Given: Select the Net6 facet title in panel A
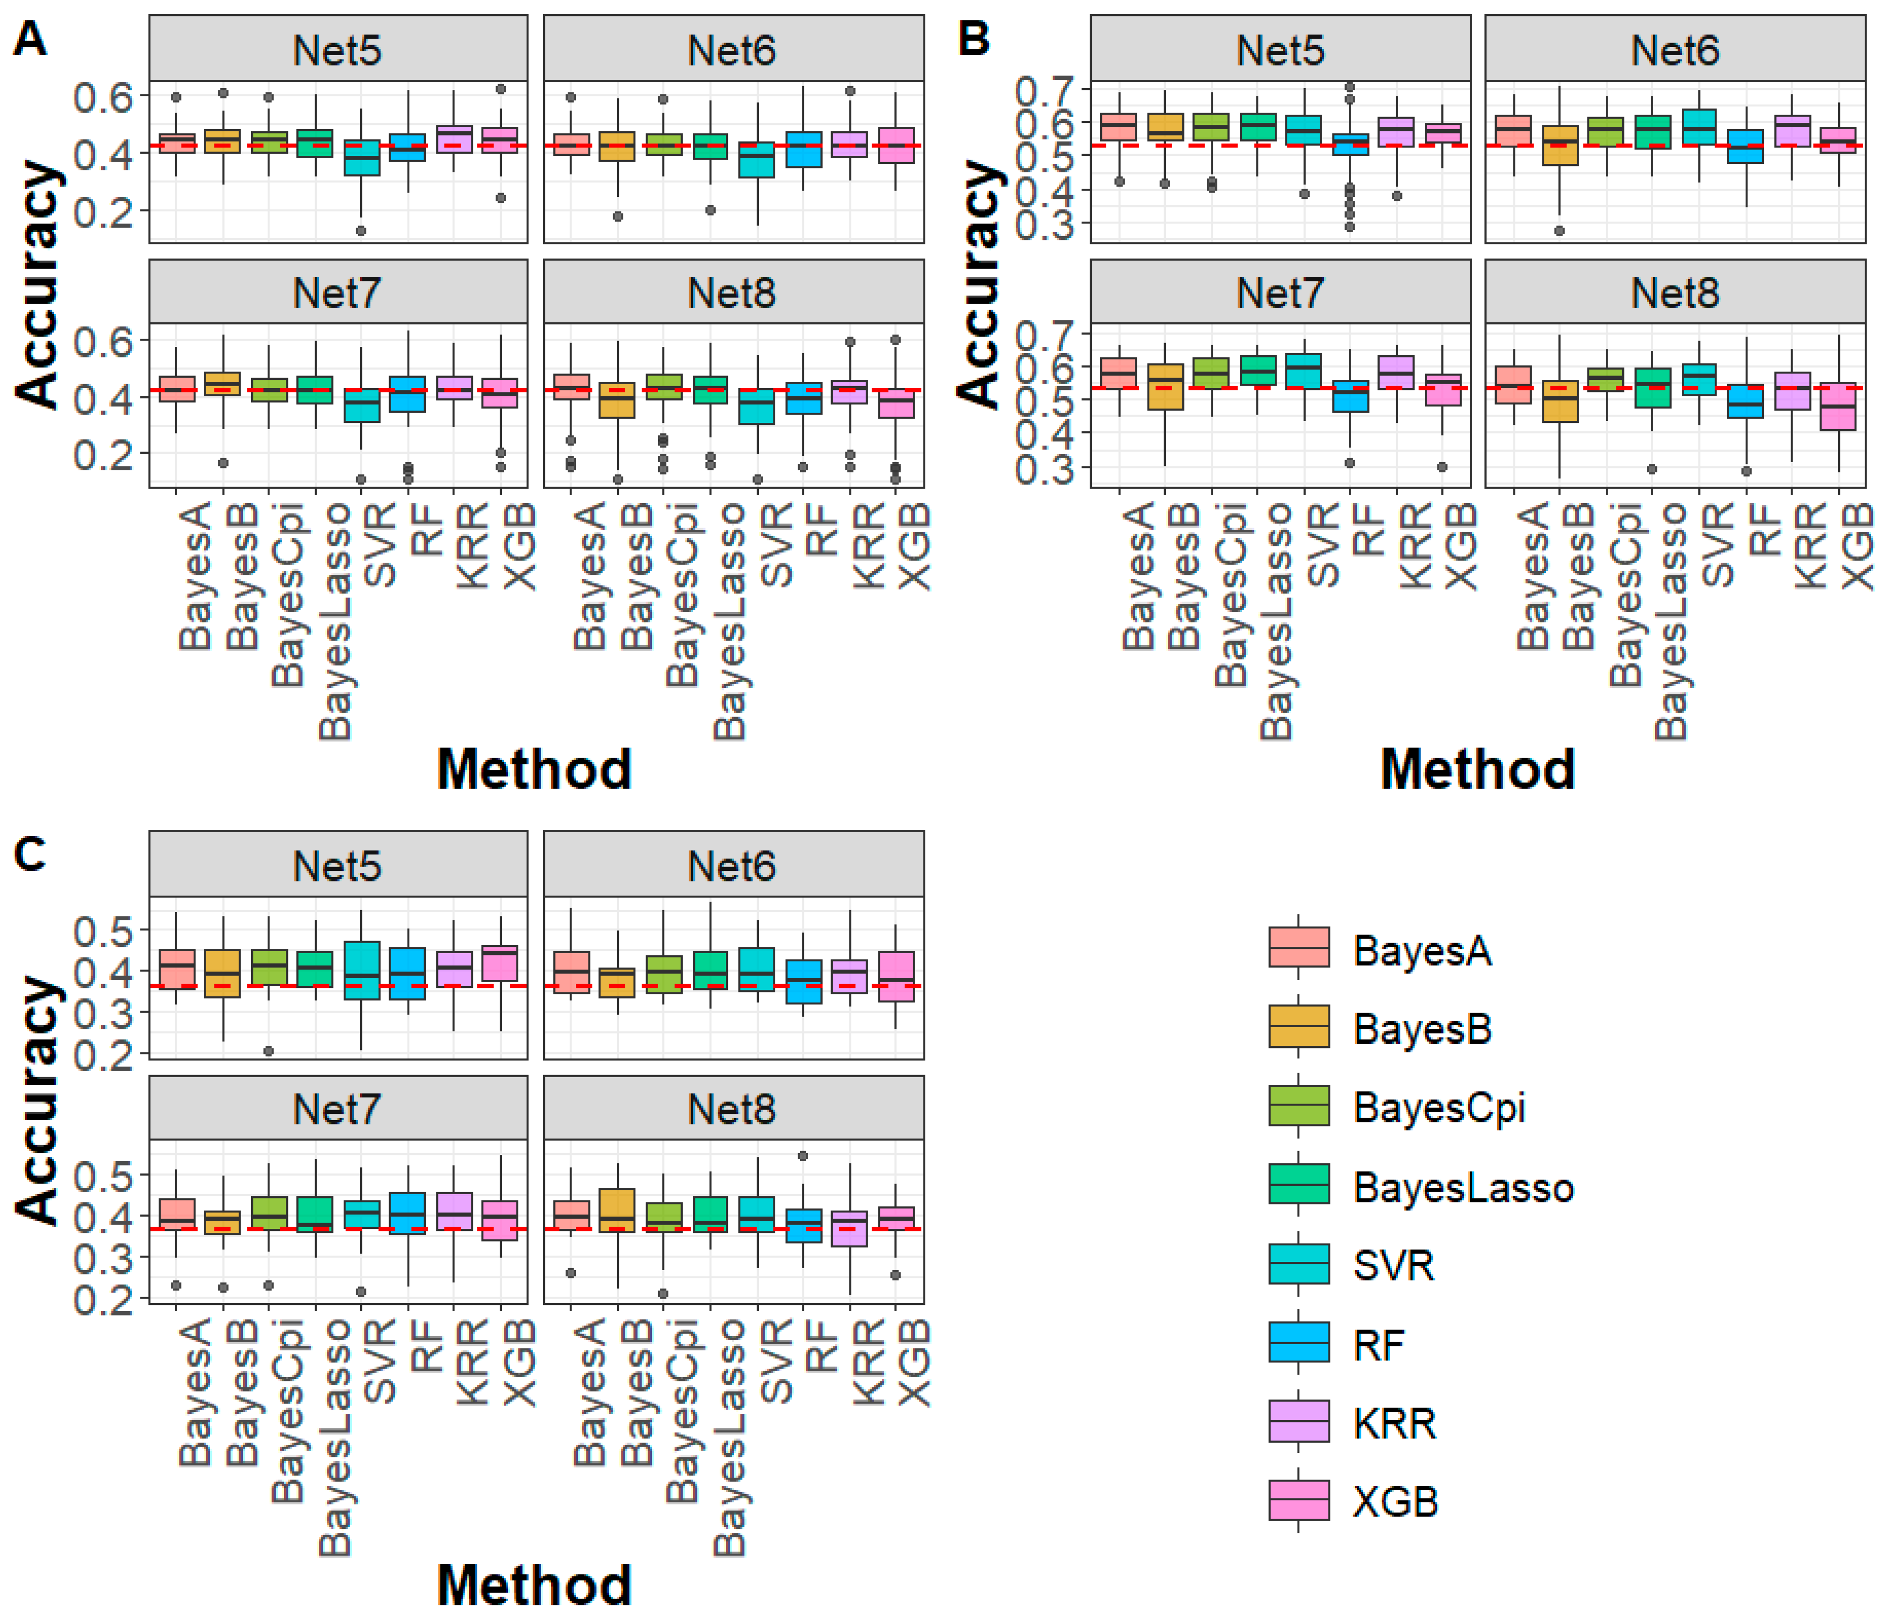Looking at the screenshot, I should (x=732, y=50).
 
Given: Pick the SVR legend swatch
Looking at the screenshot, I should (x=1298, y=1263).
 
